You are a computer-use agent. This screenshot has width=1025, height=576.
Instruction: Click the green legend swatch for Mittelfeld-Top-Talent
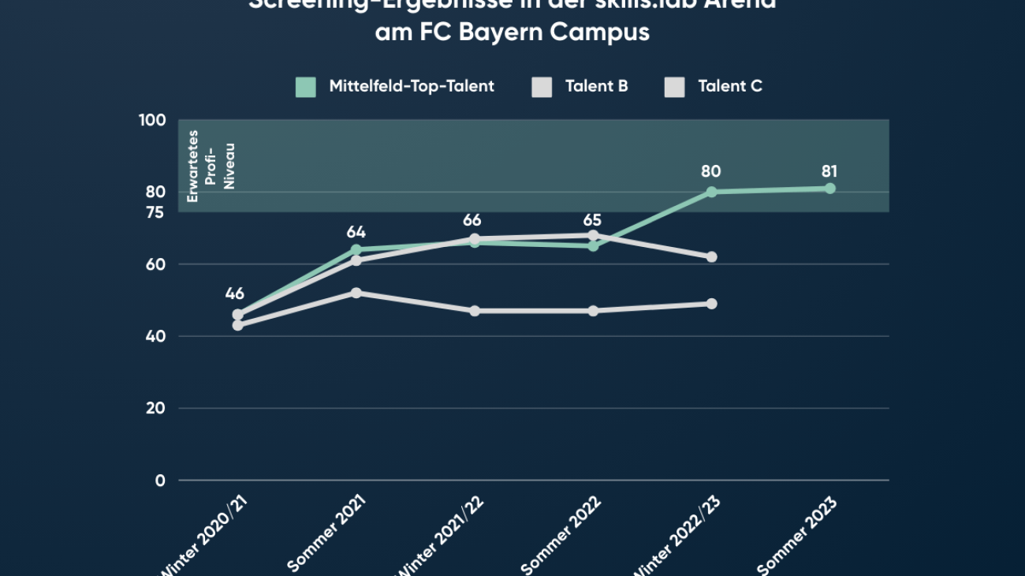click(306, 87)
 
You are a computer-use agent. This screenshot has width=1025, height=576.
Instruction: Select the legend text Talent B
click(596, 86)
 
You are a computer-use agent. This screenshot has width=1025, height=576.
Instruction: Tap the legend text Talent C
click(730, 86)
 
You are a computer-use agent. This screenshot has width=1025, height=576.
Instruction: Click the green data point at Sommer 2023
click(829, 188)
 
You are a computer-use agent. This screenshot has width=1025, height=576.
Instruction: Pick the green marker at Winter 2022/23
click(711, 192)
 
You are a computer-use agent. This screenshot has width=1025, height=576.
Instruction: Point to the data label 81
click(829, 171)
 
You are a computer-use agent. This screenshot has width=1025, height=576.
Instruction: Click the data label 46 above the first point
click(234, 294)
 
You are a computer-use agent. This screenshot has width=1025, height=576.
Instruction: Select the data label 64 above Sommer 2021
click(356, 232)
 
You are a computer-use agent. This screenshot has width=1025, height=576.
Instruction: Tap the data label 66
click(472, 220)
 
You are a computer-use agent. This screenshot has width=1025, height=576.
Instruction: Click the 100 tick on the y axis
click(152, 120)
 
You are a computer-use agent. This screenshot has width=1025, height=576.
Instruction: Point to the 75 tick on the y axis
click(155, 212)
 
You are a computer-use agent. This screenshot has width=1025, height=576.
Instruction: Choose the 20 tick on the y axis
click(155, 408)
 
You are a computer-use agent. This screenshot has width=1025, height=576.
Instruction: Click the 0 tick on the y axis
click(160, 481)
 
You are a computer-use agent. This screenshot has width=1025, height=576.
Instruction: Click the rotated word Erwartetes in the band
click(193, 166)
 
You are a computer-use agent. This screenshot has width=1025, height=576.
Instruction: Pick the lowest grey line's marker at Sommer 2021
click(356, 293)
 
